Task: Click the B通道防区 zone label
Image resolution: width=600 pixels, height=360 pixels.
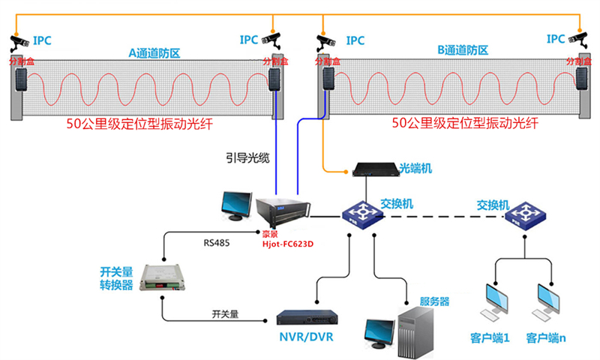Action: pyautogui.click(x=463, y=50)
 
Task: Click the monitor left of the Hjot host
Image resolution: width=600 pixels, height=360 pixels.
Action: pyautogui.click(x=238, y=205)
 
